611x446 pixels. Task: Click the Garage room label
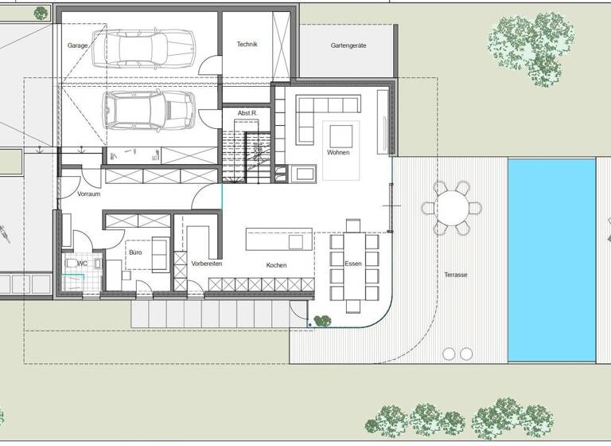(77, 46)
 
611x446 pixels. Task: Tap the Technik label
(247, 45)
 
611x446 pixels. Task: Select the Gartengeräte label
(348, 46)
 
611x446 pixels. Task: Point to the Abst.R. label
(247, 114)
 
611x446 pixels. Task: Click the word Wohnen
(338, 151)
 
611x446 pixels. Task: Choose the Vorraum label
(89, 194)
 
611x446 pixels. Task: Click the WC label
(82, 263)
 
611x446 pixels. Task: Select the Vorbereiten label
(207, 264)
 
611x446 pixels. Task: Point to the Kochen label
(277, 265)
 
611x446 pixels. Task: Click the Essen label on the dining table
(353, 264)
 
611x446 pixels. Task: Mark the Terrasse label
(456, 275)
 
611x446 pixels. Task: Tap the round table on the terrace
(452, 209)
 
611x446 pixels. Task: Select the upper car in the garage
(148, 48)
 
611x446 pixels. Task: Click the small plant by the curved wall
(322, 321)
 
